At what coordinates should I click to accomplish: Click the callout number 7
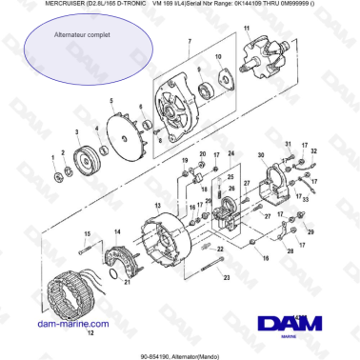pos(190,43)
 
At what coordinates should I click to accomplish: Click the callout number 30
pos(262,154)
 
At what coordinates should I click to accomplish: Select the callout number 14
pos(116,230)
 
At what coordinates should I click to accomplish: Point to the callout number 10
pos(218,58)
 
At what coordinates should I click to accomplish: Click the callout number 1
pos(53,155)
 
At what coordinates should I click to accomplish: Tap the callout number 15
pos(88,234)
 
